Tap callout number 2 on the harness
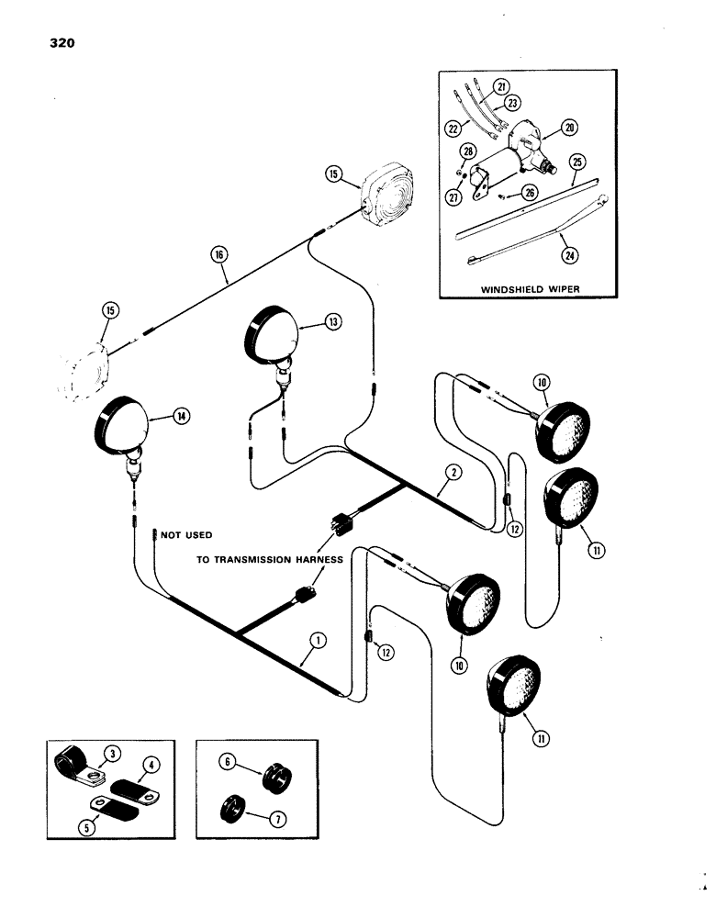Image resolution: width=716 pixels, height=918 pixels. pos(451,474)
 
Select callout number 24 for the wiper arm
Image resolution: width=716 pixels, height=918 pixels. pos(563,241)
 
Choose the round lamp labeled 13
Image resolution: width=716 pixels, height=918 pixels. pos(273,336)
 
